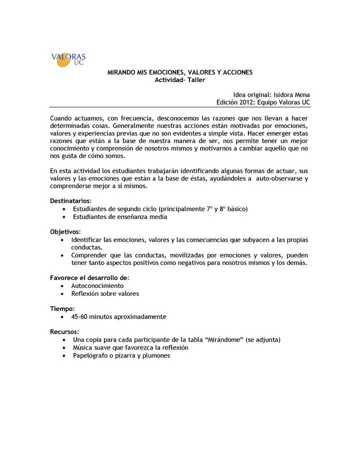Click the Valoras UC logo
click(x=68, y=59)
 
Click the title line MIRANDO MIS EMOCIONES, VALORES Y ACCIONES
click(x=180, y=72)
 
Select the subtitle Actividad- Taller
click(x=180, y=79)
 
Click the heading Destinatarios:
click(x=70, y=200)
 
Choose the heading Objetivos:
click(x=65, y=232)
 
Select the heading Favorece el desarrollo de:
click(x=89, y=278)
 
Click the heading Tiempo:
click(x=62, y=308)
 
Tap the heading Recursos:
click(x=64, y=331)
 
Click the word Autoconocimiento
click(x=97, y=285)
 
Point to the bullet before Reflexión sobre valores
click(x=61, y=293)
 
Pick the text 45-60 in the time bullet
click(x=80, y=316)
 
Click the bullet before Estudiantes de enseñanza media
click(x=64, y=217)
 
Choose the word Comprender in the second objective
click(x=90, y=255)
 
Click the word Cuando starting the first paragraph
click(x=62, y=117)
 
